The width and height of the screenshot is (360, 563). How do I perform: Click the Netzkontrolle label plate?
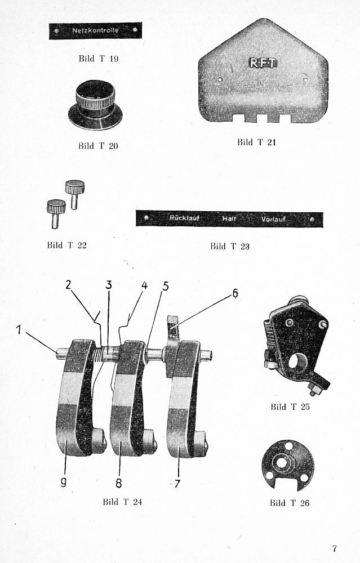point(95,30)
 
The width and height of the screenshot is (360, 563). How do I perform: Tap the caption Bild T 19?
point(99,59)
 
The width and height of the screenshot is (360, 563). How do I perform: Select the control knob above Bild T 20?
point(95,105)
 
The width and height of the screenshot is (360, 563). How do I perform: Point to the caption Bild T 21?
point(256,142)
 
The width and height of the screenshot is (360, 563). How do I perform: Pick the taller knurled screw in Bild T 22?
point(74,194)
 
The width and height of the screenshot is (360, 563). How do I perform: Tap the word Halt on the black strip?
point(229,219)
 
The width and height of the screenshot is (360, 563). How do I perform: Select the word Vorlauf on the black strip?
point(273,219)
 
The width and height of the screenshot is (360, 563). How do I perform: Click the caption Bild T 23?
point(230,246)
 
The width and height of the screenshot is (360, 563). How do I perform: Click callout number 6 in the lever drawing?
point(235,293)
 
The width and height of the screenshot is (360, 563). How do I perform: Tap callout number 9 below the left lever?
point(64,482)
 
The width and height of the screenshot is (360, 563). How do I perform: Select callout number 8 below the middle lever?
point(118,482)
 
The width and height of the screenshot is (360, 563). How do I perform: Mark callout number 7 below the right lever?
point(177,482)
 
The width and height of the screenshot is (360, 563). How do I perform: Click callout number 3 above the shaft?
point(109,285)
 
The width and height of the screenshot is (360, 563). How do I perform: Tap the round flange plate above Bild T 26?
point(287,465)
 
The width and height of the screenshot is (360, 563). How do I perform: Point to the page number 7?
point(334,548)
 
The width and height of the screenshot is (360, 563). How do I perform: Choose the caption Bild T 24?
point(122,502)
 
